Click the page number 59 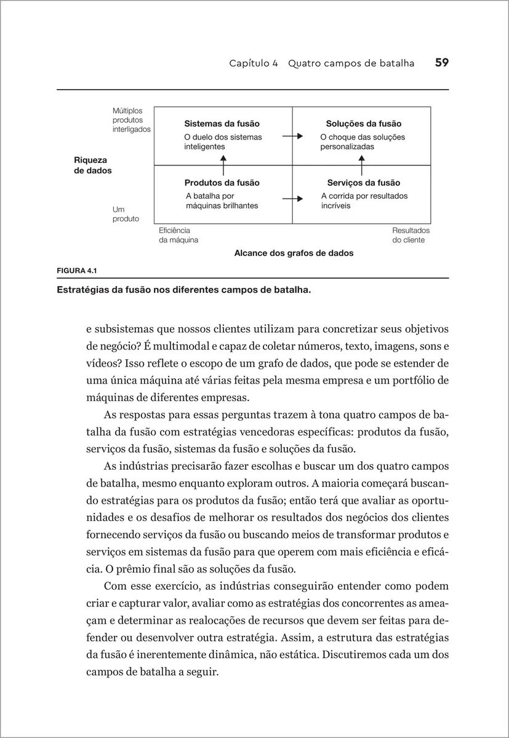(441, 63)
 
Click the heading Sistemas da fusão (222, 124)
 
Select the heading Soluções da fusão (363, 124)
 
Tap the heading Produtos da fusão (222, 183)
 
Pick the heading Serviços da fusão (363, 183)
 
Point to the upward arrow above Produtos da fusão (223, 165)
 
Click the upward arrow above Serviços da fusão (362, 165)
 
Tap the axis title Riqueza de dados (93, 165)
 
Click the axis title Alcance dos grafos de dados (294, 253)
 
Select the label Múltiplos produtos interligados (131, 120)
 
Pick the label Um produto (126, 214)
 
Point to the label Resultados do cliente (411, 235)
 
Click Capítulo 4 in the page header (254, 63)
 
